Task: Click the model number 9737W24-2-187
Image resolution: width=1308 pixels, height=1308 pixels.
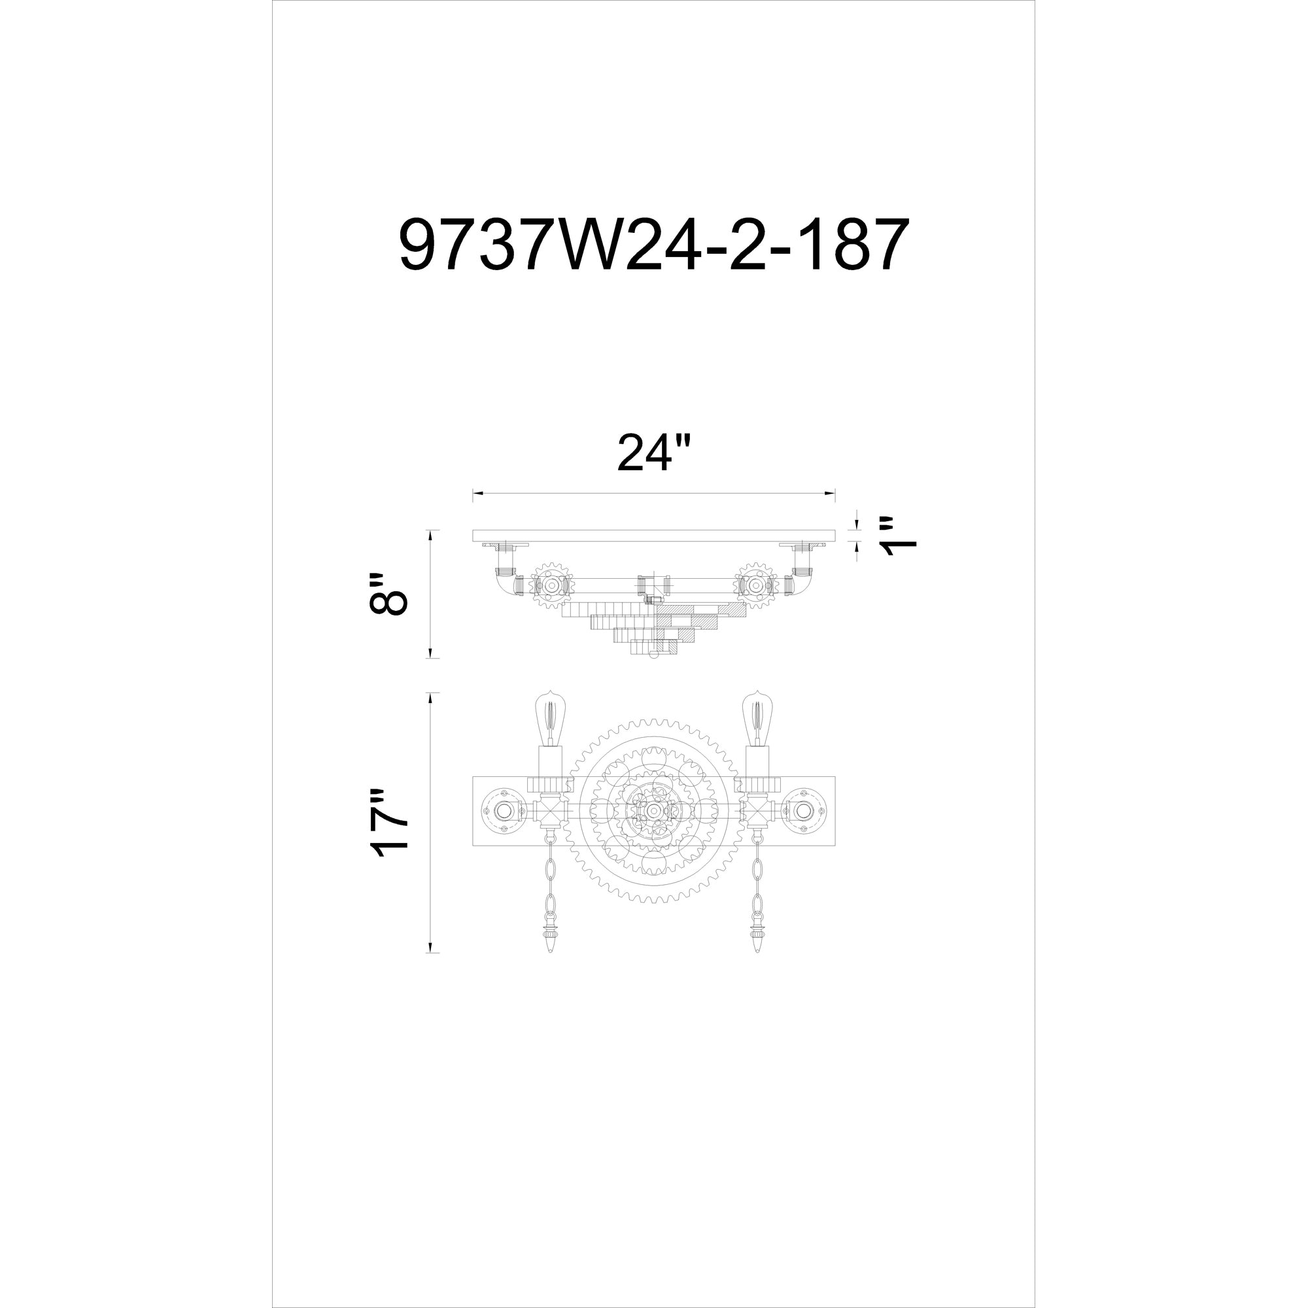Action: [x=653, y=245]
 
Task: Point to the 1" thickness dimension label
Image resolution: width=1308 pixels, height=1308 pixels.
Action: [x=898, y=545]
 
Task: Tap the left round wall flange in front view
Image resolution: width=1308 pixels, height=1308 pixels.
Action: [x=503, y=810]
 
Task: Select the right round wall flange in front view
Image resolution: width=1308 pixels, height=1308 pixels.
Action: [x=804, y=810]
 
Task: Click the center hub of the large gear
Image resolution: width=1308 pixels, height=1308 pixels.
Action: [x=653, y=810]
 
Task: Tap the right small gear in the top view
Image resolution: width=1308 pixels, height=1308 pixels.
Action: [x=756, y=583]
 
